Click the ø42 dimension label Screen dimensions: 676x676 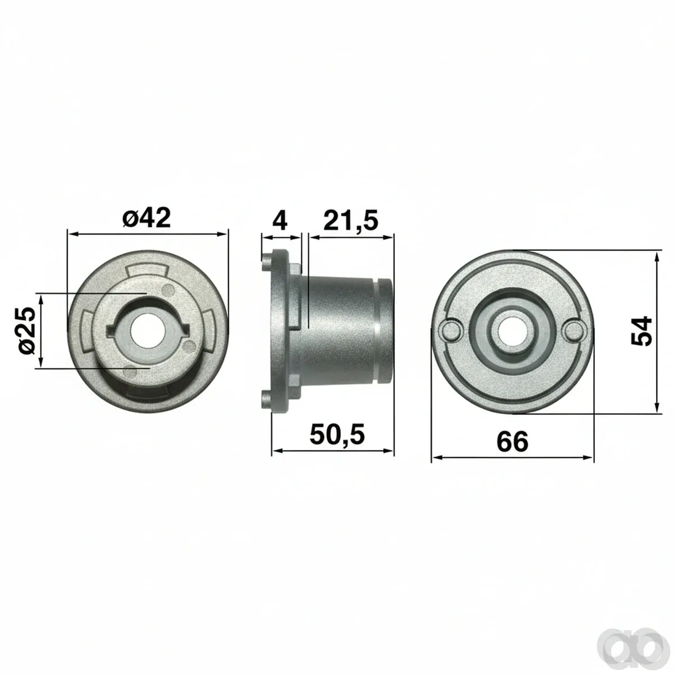tap(146, 218)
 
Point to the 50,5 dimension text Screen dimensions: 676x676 tap(337, 434)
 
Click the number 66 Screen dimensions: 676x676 tap(512, 442)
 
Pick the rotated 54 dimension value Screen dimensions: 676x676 tap(642, 331)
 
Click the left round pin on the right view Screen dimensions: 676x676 tap(451, 331)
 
